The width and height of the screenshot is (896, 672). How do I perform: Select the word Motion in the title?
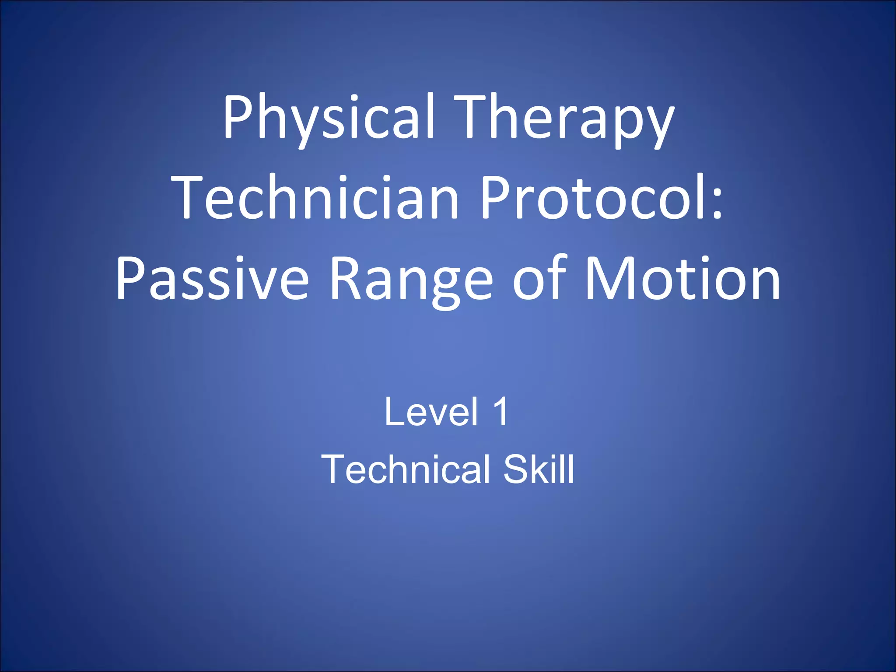pyautogui.click(x=682, y=278)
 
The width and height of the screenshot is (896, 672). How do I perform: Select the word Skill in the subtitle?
pyautogui.click(x=539, y=469)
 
